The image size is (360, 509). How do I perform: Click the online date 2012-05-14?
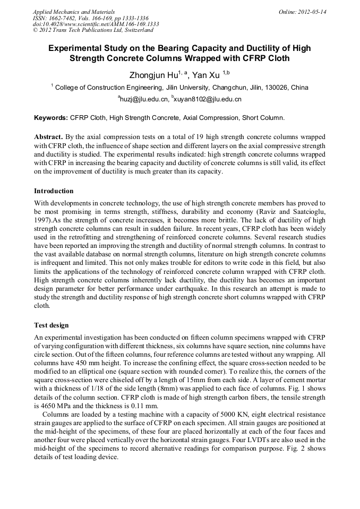(x=312, y=11)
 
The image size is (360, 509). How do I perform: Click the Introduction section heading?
(x=54, y=191)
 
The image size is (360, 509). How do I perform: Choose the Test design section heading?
(x=51, y=325)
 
